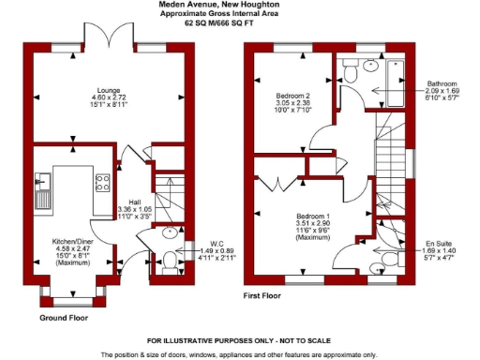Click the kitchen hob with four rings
(x=102, y=183)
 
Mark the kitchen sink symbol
(x=41, y=191)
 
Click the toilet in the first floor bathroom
(x=351, y=67)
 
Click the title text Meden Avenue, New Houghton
(x=240, y=6)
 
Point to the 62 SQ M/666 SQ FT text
(x=240, y=22)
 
